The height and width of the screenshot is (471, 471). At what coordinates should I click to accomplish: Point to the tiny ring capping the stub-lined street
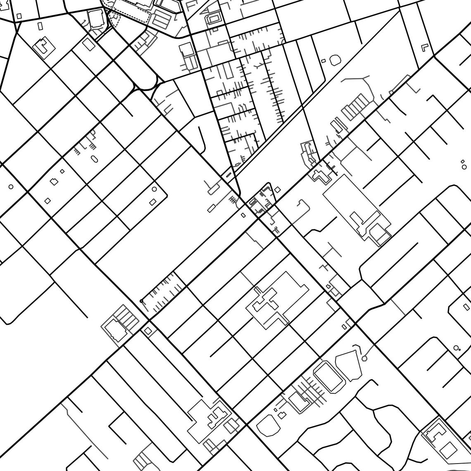[141, 301]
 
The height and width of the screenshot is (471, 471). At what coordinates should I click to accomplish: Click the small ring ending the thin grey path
[364, 359]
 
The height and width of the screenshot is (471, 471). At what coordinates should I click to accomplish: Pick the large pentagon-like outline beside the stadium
[350, 366]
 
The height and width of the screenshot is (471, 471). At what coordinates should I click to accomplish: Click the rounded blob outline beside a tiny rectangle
[335, 60]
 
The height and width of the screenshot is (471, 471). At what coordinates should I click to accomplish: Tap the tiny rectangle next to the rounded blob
[324, 61]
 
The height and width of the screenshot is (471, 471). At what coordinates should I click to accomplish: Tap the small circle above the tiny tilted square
[155, 189]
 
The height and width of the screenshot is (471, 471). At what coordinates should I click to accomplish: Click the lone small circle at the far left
[11, 187]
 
